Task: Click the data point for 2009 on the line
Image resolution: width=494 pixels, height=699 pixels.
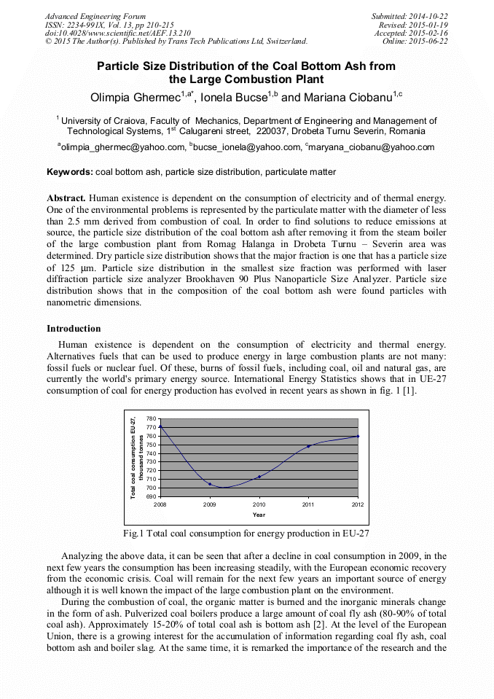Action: (210, 484)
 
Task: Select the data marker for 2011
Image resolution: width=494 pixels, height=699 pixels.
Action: (309, 446)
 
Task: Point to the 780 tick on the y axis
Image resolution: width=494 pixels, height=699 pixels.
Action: (151, 418)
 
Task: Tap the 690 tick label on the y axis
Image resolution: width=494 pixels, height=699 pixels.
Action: (151, 496)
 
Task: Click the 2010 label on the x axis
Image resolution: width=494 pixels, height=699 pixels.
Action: (259, 504)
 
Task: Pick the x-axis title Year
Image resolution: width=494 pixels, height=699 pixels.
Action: (259, 515)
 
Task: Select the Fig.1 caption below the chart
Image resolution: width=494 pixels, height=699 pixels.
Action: (246, 534)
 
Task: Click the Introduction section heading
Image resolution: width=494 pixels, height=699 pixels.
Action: (74, 329)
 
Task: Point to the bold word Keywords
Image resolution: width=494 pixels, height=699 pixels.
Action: (69, 172)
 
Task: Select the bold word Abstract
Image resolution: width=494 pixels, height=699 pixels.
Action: (66, 198)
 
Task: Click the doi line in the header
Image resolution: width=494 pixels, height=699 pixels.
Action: (118, 33)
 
